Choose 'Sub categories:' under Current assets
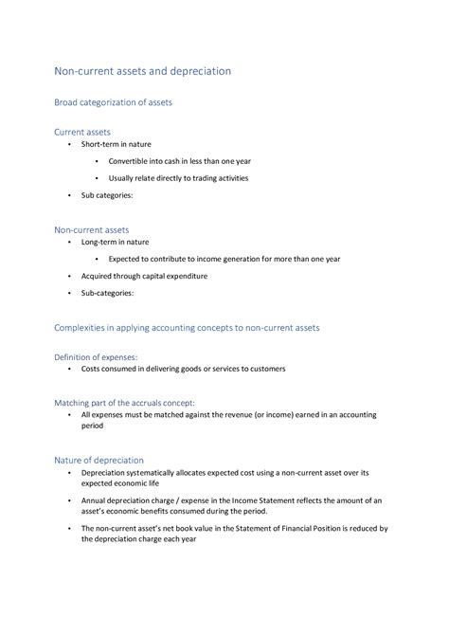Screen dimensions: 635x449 107,195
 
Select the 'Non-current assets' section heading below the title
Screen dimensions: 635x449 91,229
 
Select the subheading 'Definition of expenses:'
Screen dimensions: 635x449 95,357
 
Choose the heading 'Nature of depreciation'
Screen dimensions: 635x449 99,460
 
